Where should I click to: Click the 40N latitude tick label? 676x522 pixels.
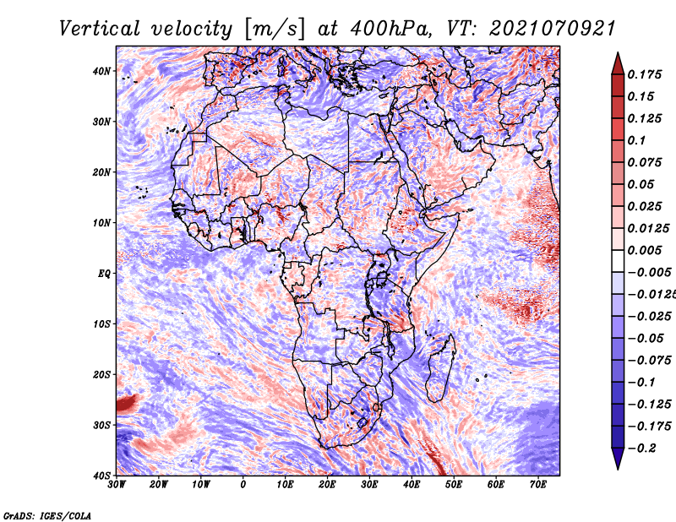(x=102, y=71)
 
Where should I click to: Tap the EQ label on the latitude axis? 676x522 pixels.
(x=104, y=274)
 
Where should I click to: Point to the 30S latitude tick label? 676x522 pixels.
(x=102, y=426)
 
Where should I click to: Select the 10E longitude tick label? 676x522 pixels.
(x=285, y=485)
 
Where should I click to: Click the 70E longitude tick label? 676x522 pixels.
(x=538, y=485)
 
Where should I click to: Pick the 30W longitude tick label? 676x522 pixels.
(x=117, y=485)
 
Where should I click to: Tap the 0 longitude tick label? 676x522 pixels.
(x=243, y=485)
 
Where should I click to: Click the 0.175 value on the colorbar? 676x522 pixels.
(x=645, y=75)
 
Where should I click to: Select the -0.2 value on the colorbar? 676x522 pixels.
(x=641, y=449)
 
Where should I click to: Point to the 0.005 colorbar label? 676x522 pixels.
(x=645, y=250)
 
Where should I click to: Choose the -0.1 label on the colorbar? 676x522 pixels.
(x=641, y=383)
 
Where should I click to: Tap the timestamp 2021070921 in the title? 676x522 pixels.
(x=552, y=29)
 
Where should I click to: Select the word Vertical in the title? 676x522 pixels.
(x=100, y=29)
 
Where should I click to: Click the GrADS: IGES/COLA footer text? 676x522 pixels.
(x=47, y=515)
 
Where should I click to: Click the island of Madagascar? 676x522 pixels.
(x=440, y=368)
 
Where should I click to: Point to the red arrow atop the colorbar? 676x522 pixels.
(x=618, y=63)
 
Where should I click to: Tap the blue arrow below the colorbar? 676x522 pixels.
(x=618, y=459)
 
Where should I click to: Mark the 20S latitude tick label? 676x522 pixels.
(x=102, y=375)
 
